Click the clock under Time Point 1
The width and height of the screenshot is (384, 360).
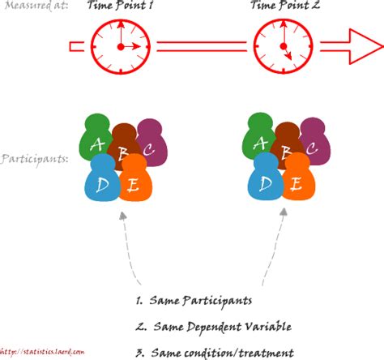pyautogui.click(x=120, y=46)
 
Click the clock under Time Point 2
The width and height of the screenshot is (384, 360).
pyautogui.click(x=284, y=46)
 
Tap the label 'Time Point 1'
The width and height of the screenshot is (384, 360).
pyautogui.click(x=120, y=6)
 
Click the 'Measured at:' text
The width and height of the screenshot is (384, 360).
pyautogui.click(x=35, y=6)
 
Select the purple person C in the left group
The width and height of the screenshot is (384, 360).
pyautogui.click(x=151, y=142)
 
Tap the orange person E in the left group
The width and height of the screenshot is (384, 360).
pyautogui.click(x=134, y=180)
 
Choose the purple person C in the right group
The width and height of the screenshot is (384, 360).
pyautogui.click(x=315, y=142)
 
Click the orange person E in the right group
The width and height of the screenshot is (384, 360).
pyautogui.click(x=297, y=180)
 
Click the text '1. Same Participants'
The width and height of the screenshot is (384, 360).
pyautogui.click(x=199, y=301)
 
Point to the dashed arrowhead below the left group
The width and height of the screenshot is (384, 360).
pyautogui.click(x=121, y=216)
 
